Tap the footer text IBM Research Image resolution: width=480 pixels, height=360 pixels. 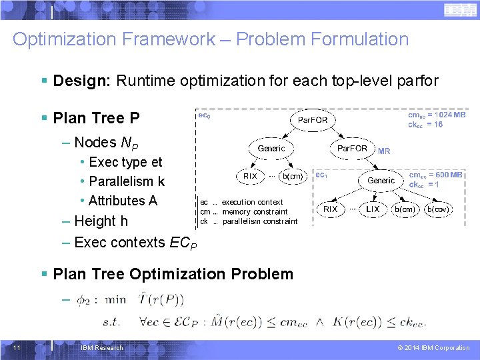tap(101, 348)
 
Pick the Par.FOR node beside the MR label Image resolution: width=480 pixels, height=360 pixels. tap(352, 148)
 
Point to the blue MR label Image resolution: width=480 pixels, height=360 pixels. tap(384, 151)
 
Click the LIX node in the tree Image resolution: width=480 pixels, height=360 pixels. tap(373, 209)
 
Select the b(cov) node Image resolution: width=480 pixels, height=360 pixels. tap(438, 209)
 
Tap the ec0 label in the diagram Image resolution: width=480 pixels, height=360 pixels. tap(205, 115)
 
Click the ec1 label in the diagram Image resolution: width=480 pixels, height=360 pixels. tap(321, 175)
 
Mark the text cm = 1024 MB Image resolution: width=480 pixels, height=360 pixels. tap(437, 115)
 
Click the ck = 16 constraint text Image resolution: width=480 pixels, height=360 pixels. tap(426, 125)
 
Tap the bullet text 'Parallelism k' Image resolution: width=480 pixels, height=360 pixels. tap(127, 181)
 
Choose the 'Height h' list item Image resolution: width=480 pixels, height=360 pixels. tap(101, 221)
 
